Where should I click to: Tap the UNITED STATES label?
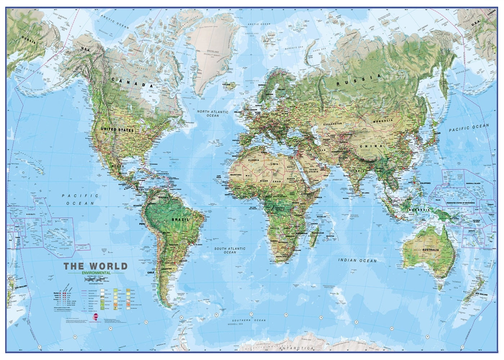pyautogui.click(x=117, y=130)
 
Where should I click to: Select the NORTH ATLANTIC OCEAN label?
pyautogui.click(x=213, y=114)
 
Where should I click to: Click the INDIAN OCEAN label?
pyautogui.click(x=357, y=260)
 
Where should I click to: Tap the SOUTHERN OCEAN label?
pyautogui.click(x=248, y=320)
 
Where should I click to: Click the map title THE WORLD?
pyautogui.click(x=95, y=267)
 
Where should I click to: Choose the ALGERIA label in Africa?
pyautogui.click(x=252, y=159)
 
